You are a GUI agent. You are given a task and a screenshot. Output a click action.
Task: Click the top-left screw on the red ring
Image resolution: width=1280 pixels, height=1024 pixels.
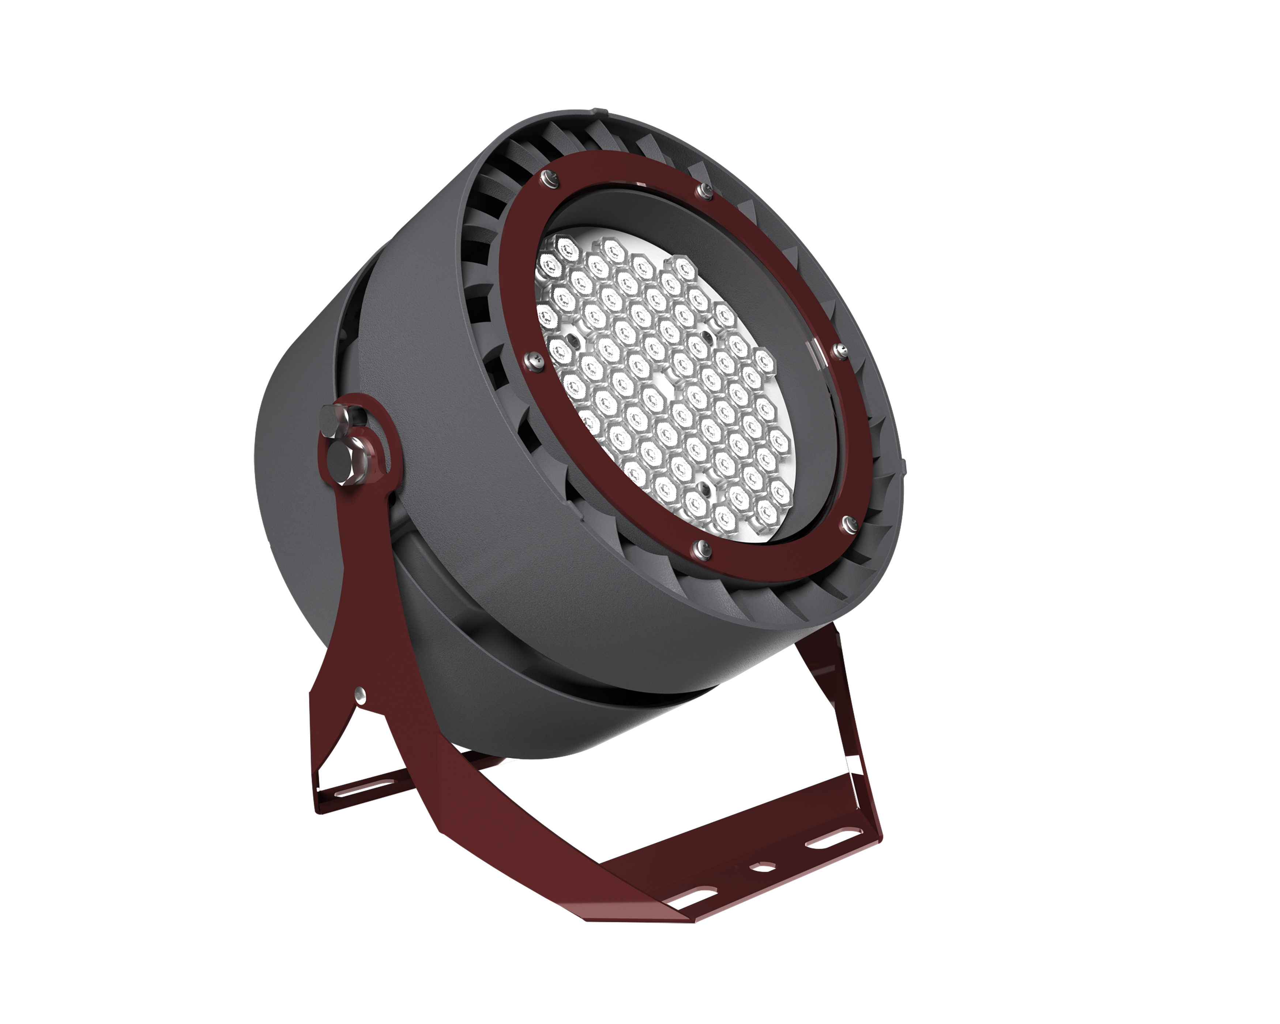pos(547,178)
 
